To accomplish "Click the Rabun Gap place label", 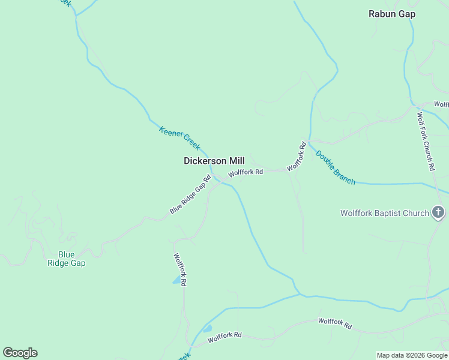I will [x=391, y=14].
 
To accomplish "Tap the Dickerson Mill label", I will [x=214, y=161].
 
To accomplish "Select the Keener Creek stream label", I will [x=179, y=137].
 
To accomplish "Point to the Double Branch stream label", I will [x=336, y=167].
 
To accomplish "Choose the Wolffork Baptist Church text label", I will [x=384, y=213].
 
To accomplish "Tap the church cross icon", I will [x=438, y=212].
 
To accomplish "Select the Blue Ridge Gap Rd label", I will [x=190, y=194].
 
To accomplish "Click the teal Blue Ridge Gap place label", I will [x=67, y=259].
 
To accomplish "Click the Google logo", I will [x=20, y=353].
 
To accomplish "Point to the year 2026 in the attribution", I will [x=409, y=356].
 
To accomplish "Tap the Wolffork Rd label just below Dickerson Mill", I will [x=246, y=172].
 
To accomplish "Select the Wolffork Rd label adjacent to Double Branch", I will [x=297, y=157].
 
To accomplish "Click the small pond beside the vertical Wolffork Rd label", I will [x=176, y=280].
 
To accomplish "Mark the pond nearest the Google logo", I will [x=207, y=329].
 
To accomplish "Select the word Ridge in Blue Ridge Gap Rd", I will [x=191, y=194].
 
